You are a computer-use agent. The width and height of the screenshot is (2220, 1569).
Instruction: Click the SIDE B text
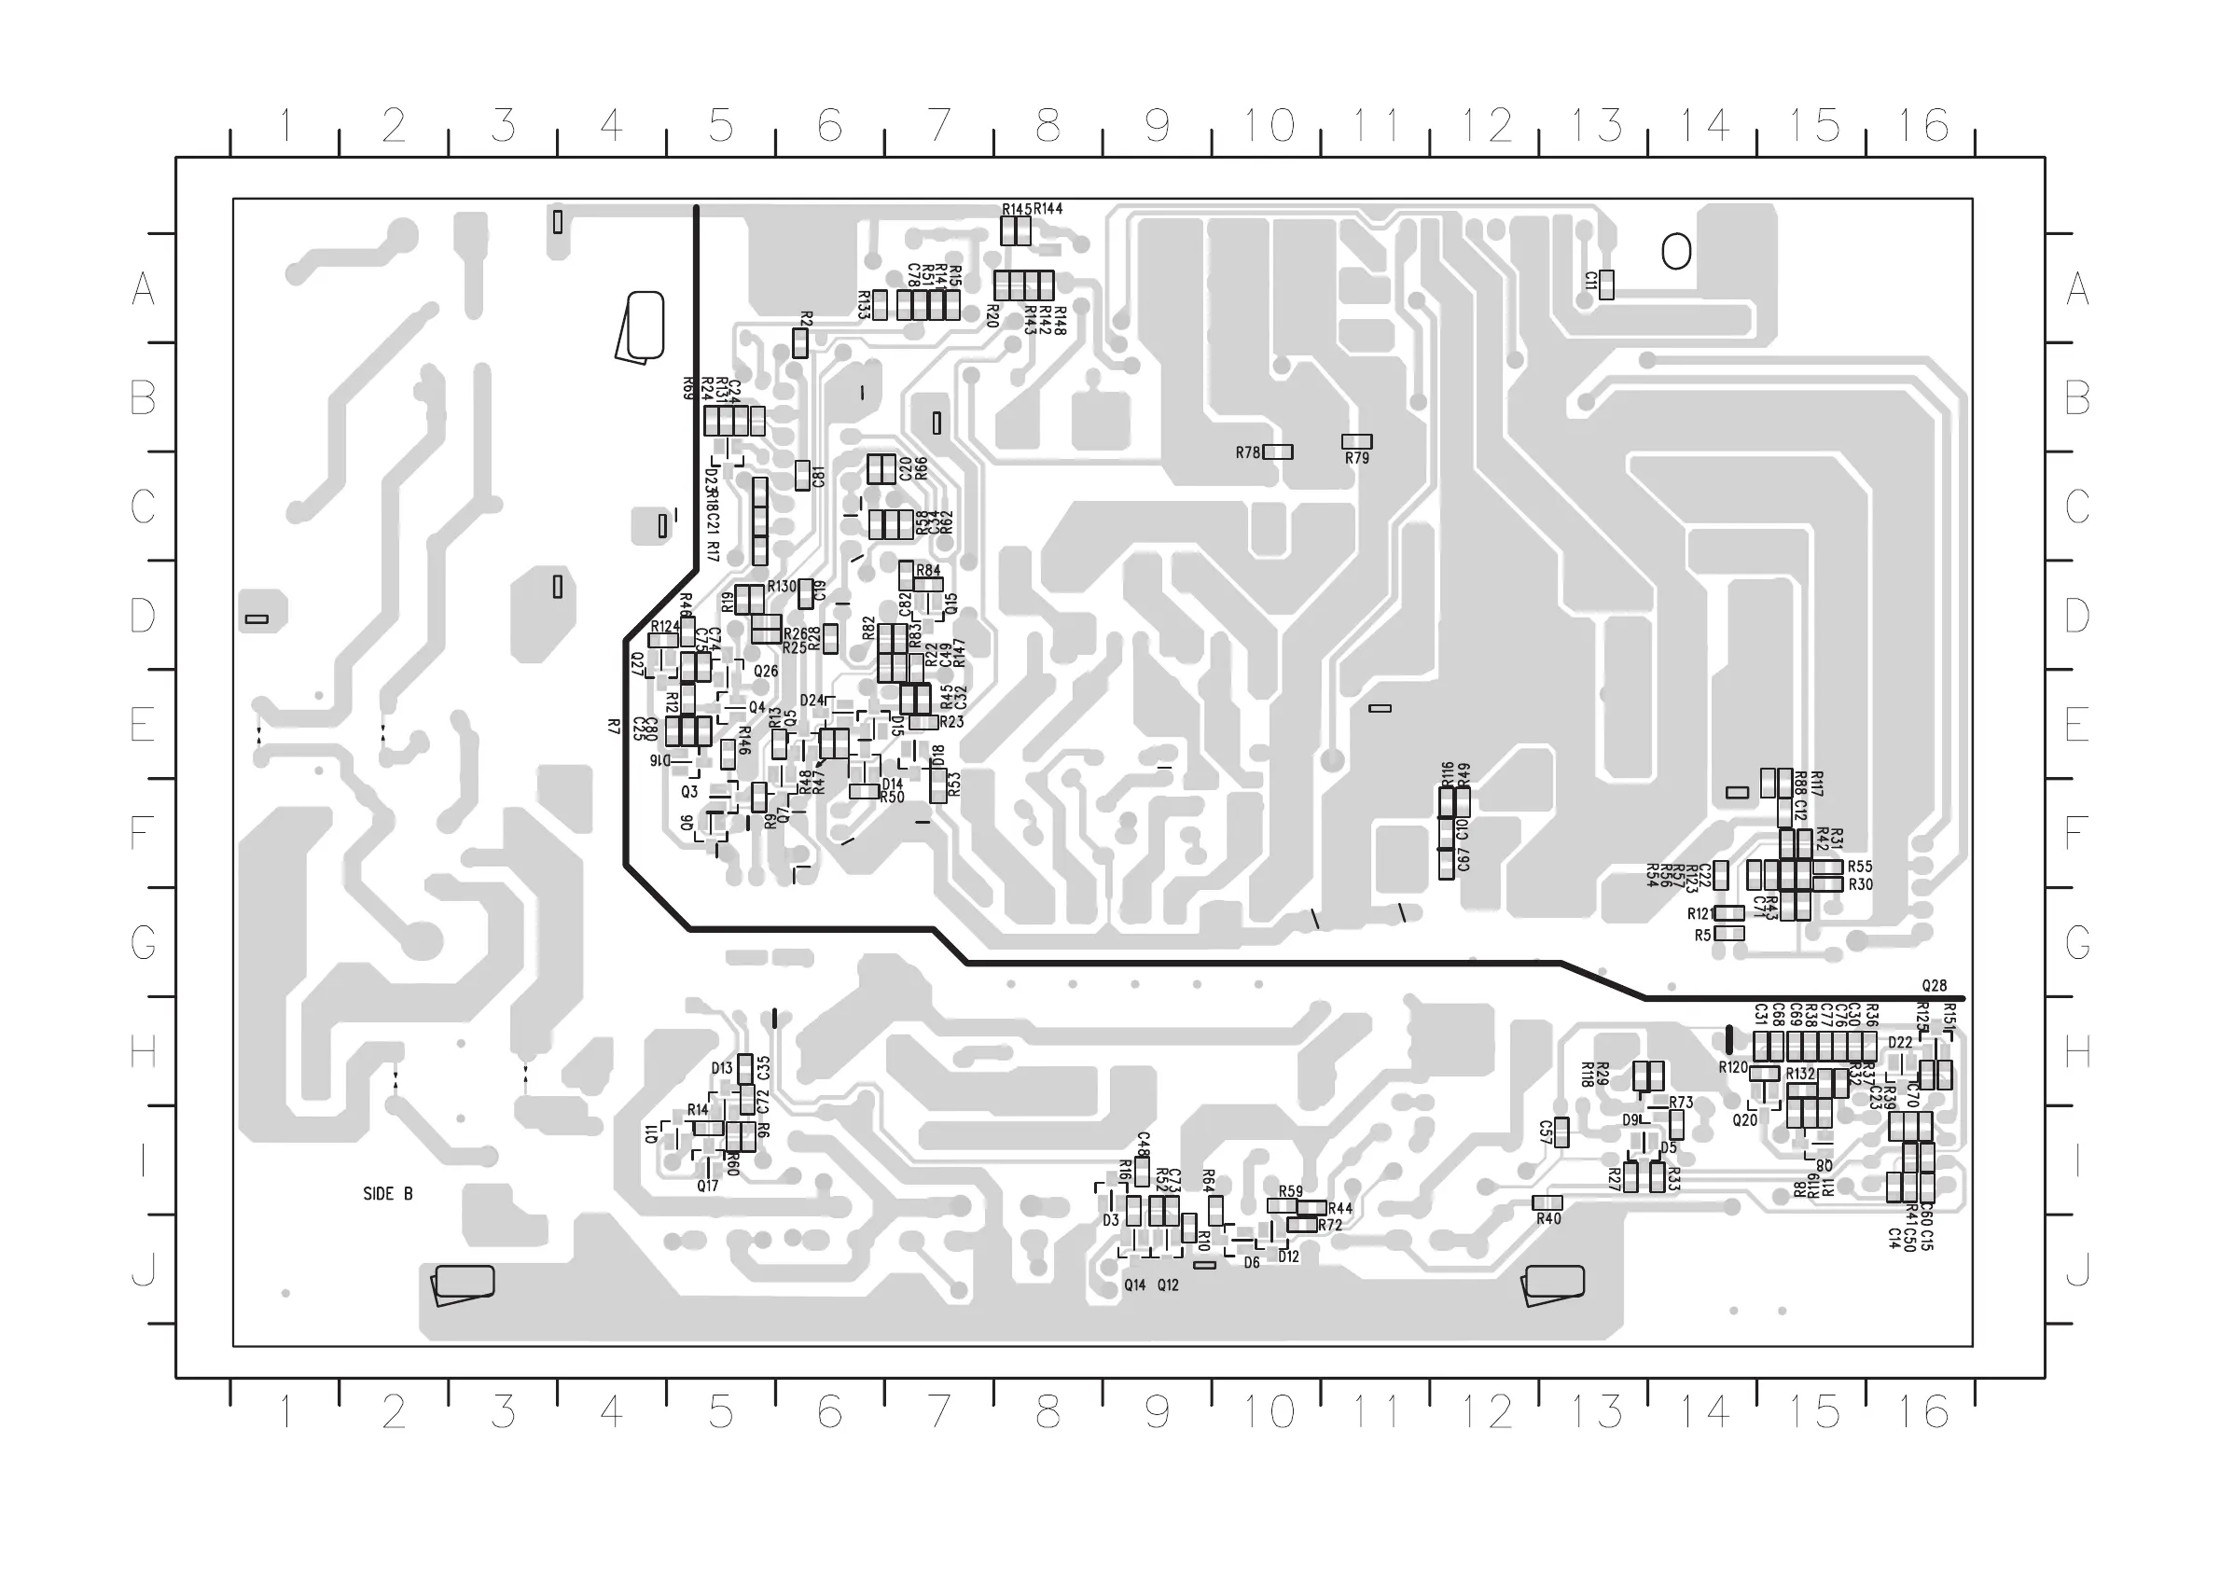388,1194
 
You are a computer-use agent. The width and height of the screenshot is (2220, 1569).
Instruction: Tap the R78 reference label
1247,452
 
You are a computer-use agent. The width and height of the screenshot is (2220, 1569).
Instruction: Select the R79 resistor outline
1356,442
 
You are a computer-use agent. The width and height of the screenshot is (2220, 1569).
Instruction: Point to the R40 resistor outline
1547,1202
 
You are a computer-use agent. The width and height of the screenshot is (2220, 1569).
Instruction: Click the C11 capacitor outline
1606,285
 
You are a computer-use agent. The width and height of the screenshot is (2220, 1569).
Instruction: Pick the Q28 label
1934,986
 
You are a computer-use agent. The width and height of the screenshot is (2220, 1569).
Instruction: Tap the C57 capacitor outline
1561,1132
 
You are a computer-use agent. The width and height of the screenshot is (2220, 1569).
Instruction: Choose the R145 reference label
1016,209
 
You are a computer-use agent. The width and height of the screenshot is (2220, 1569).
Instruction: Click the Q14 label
1134,1285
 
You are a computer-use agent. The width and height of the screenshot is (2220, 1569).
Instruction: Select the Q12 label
1168,1285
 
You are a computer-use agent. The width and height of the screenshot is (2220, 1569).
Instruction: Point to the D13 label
721,1068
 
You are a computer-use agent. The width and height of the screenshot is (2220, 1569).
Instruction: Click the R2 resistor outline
799,343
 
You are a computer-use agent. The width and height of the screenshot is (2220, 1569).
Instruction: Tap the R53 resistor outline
937,785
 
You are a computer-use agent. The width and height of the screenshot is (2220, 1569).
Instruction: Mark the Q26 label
766,671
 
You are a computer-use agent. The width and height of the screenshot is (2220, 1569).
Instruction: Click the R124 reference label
665,628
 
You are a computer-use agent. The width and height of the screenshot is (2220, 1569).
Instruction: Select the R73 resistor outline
1676,1124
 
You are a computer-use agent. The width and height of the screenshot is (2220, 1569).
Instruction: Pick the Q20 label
1744,1120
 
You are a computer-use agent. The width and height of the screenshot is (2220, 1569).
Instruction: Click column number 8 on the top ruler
1048,126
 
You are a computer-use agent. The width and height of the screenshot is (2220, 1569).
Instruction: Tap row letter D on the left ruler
143,615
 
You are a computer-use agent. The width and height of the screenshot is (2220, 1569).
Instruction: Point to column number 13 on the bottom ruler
1596,1412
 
